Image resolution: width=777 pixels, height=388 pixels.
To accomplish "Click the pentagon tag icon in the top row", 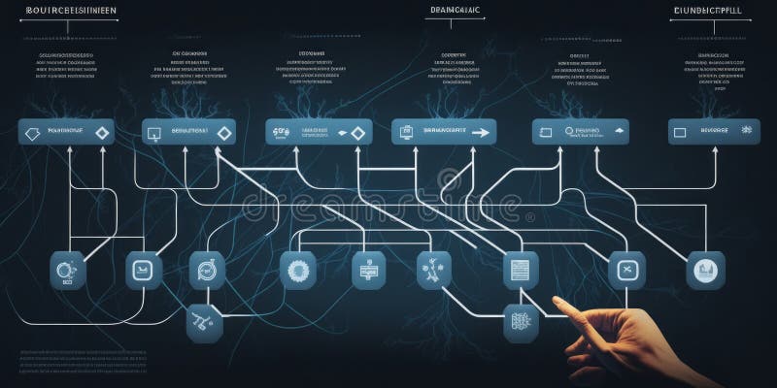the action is coord(31,133).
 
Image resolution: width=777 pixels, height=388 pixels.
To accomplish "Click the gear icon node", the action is coord(297,270).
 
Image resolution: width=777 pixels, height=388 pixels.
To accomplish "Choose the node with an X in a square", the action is coord(626,270).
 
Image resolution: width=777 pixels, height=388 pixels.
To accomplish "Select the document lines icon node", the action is coord(521,269).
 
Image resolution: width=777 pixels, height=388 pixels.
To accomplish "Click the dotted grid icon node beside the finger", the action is coord(521,323).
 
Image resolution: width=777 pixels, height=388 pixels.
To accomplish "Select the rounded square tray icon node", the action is coord(145,270).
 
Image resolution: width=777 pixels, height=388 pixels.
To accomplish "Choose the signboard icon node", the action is coord(368,270).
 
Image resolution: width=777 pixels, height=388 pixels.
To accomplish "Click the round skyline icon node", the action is coord(705,270).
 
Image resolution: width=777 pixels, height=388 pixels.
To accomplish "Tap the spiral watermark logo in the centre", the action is coord(448,180).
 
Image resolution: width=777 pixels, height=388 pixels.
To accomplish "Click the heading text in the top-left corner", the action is coord(67,12).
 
